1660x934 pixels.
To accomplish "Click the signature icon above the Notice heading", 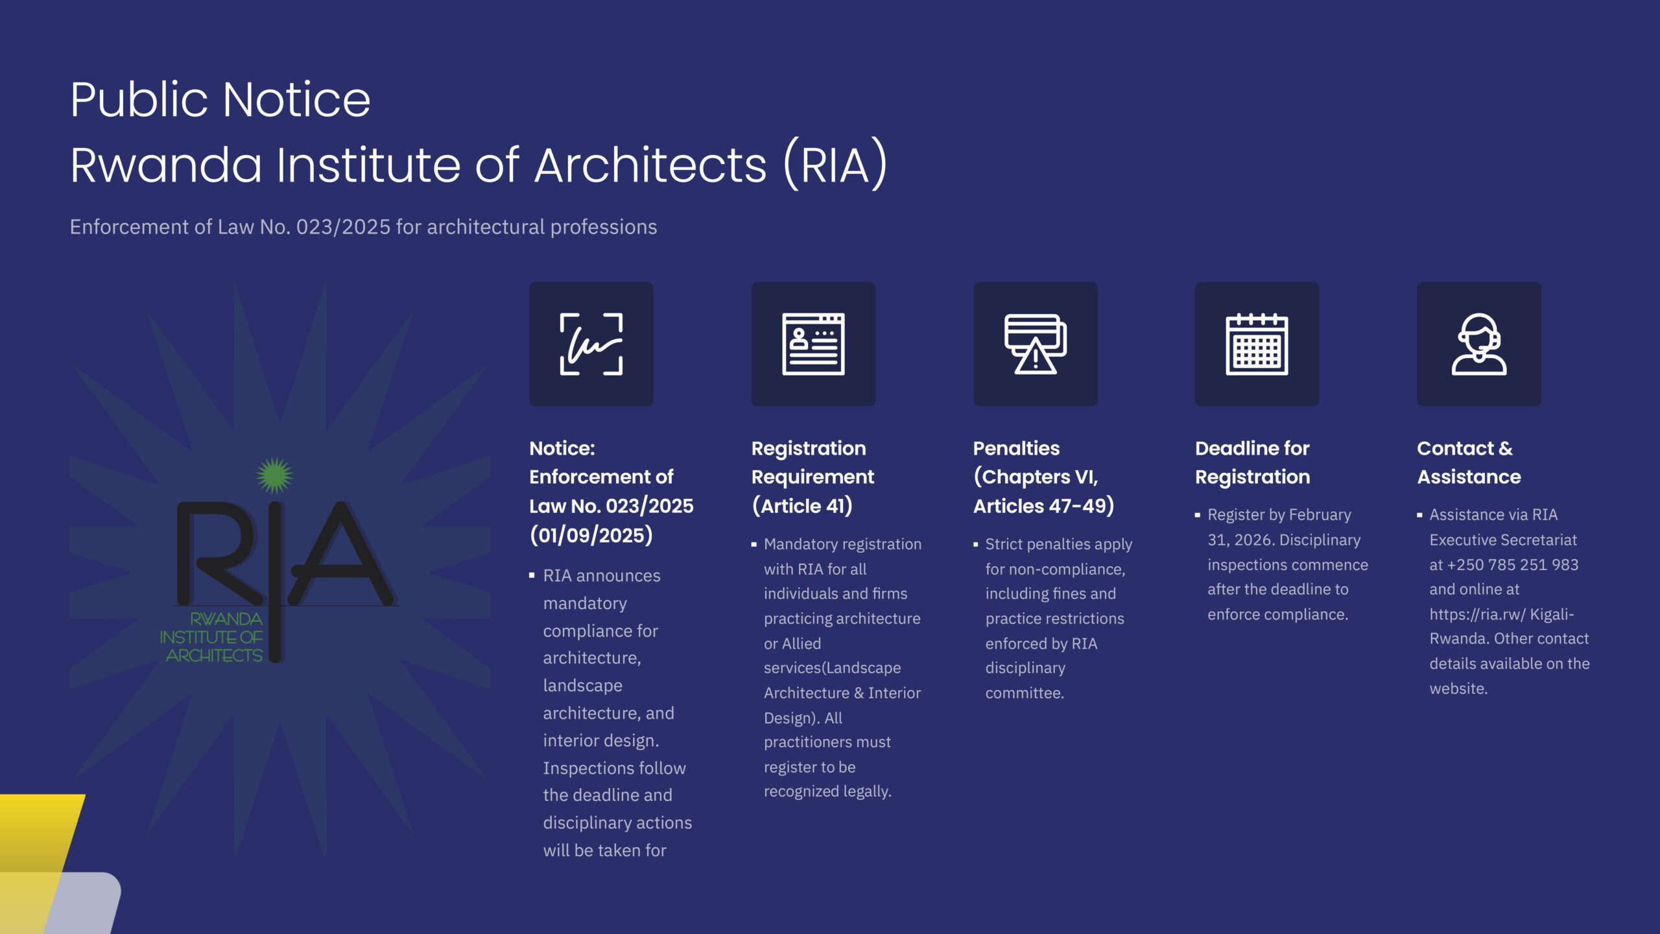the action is (591, 344).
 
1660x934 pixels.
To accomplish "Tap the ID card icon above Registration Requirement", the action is (813, 344).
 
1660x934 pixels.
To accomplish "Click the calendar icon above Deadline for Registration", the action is (1257, 344).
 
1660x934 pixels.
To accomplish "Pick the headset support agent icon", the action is (1479, 344).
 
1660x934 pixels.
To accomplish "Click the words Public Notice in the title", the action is (220, 100).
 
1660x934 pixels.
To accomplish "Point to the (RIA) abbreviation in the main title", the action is (835, 164).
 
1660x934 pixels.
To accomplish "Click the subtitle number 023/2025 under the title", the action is (344, 226).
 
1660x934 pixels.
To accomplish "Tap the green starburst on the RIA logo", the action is (274, 475).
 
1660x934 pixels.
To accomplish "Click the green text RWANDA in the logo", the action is (226, 619).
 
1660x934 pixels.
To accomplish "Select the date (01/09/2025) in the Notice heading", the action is (591, 535).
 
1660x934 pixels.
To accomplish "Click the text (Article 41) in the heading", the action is (802, 506).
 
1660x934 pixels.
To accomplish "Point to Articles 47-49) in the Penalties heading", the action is (1044, 506).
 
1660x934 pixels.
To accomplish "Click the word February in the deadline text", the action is (1320, 515).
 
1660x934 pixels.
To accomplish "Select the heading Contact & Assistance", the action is (1469, 462).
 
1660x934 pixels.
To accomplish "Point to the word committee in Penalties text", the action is (1025, 693).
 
